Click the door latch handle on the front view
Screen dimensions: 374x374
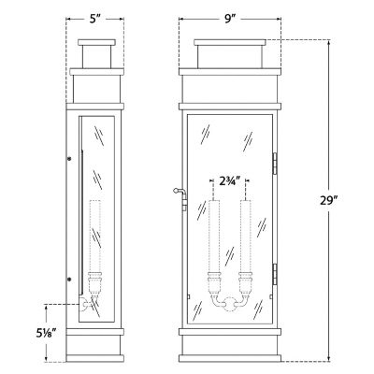(179, 194)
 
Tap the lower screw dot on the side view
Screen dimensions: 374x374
(68, 279)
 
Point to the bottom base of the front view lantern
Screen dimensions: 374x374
(229, 348)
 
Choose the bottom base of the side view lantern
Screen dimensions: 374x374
(98, 348)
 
